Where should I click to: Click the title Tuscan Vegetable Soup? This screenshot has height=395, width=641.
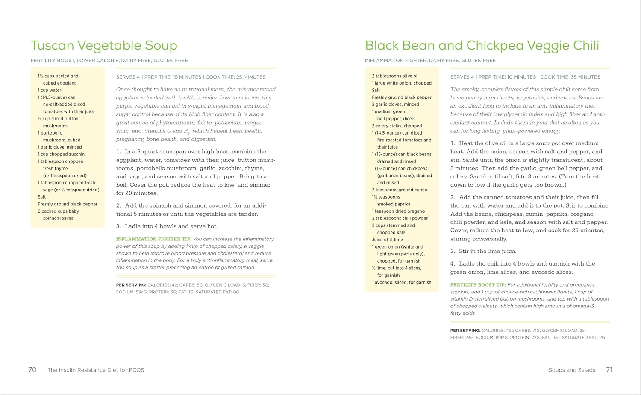coord(104,46)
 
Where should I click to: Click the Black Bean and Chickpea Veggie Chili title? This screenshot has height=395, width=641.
coord(482,46)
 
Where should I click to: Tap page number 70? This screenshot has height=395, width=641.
coord(32,370)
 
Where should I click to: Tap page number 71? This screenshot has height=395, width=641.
coord(609,370)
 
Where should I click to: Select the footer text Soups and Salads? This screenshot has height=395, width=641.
coord(572,370)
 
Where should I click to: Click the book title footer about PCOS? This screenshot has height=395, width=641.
coord(96,370)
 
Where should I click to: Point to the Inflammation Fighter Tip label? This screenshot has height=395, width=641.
coord(153,239)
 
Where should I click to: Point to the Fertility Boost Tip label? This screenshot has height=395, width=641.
coord(478,285)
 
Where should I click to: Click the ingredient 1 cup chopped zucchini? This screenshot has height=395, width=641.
coord(62,154)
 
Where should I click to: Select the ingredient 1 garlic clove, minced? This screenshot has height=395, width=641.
coord(59,147)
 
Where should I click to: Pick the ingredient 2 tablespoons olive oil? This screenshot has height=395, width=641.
coord(395,76)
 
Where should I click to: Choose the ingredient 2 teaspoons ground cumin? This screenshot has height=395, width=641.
coord(399,190)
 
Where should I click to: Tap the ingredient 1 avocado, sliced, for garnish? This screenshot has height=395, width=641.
coord(401,283)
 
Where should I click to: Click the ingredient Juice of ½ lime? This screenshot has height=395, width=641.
coord(387,240)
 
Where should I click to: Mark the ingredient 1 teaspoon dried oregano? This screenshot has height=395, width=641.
coord(398,211)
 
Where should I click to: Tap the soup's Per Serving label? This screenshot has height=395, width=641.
coord(131,285)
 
